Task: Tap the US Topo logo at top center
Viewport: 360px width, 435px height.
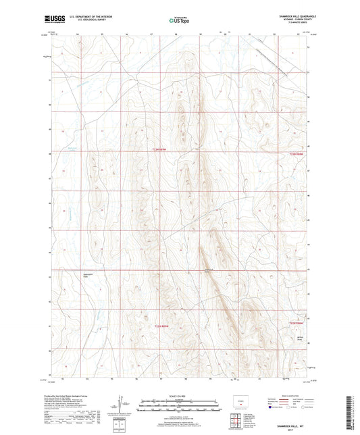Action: pos(179,20)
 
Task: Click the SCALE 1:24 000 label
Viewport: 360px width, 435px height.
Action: pos(179,395)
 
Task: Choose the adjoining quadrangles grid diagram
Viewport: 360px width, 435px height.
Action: pos(236,420)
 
